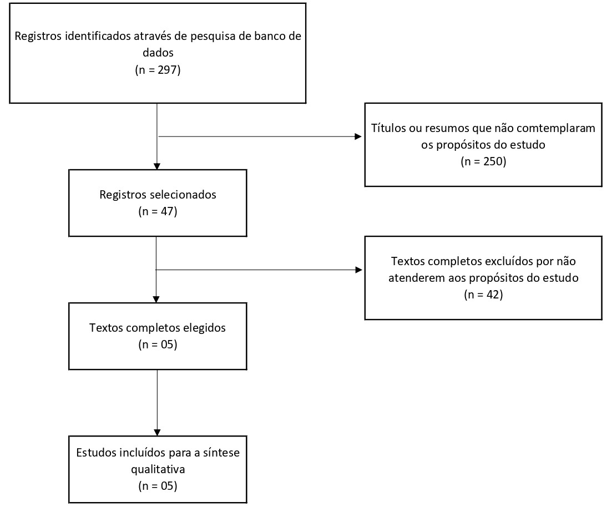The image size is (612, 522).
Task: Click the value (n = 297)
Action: [158, 70]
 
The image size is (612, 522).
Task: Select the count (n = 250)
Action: [483, 161]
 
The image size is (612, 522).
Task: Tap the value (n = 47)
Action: [158, 211]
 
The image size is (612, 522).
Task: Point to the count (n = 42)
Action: [483, 295]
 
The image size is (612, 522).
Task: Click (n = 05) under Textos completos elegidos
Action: [158, 344]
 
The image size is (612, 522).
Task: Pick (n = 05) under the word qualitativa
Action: [158, 486]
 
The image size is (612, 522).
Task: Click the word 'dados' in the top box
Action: [158, 53]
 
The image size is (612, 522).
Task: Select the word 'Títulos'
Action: [388, 128]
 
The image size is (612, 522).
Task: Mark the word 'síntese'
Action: [221, 453]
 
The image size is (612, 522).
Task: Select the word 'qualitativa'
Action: [158, 469]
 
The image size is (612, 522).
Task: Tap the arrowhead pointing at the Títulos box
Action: [358, 136]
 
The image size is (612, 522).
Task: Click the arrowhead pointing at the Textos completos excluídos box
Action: [358, 270]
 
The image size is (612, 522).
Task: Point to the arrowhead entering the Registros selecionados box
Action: [157, 166]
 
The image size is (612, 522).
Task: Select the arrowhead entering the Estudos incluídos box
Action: [157, 432]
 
